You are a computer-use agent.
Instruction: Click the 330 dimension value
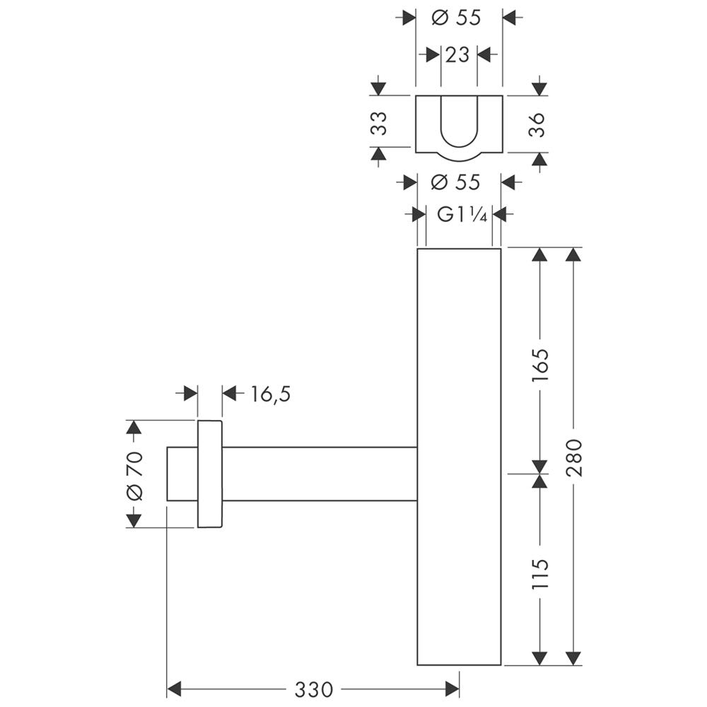click(314, 689)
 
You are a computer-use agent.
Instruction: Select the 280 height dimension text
click(574, 457)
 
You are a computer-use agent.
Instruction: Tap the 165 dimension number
click(539, 365)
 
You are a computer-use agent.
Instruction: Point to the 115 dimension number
click(539, 573)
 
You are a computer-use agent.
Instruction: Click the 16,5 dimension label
click(270, 394)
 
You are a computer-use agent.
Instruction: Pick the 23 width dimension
click(457, 55)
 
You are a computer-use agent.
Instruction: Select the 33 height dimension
click(379, 123)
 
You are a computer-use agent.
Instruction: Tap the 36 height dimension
click(537, 125)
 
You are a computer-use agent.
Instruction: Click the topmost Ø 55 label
click(456, 18)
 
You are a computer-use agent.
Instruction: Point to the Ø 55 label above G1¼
click(455, 182)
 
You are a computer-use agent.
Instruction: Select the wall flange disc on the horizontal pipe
click(210, 474)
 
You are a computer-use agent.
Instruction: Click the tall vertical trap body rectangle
click(459, 456)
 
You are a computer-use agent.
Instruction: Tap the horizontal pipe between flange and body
click(320, 474)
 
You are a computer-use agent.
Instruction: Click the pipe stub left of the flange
click(182, 474)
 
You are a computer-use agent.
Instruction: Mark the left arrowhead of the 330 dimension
click(174, 689)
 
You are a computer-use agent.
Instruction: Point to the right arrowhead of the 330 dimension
click(452, 689)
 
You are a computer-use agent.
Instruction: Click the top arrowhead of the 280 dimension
click(573, 255)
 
